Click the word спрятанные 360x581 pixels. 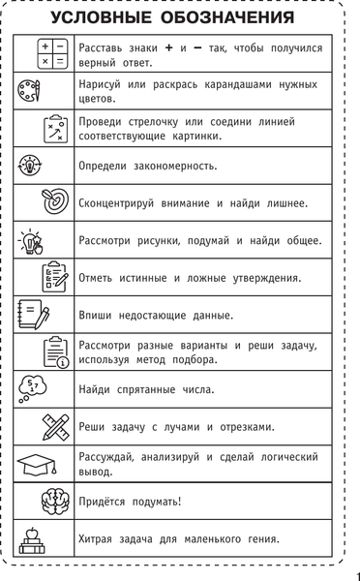coord(145,389)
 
